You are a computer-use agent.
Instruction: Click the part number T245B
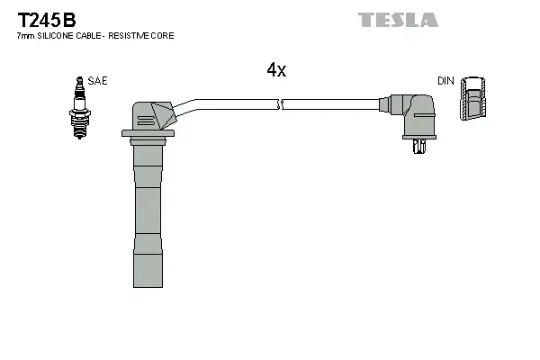click(47, 20)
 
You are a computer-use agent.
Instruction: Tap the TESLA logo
click(398, 20)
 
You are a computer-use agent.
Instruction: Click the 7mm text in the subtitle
click(26, 36)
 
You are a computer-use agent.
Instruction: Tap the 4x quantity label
click(276, 70)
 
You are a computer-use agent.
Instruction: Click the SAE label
click(97, 81)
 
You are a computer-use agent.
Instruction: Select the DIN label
click(445, 81)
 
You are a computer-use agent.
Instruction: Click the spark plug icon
click(79, 108)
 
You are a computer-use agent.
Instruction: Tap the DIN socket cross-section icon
click(472, 98)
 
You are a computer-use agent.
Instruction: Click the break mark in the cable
click(280, 104)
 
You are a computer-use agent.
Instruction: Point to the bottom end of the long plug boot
click(148, 287)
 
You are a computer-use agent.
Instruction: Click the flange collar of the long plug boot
click(148, 133)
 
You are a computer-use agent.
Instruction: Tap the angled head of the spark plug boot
click(154, 115)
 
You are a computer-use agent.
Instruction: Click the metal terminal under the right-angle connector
click(419, 147)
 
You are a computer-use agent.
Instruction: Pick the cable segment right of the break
click(331, 104)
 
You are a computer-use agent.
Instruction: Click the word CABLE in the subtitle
click(88, 35)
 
